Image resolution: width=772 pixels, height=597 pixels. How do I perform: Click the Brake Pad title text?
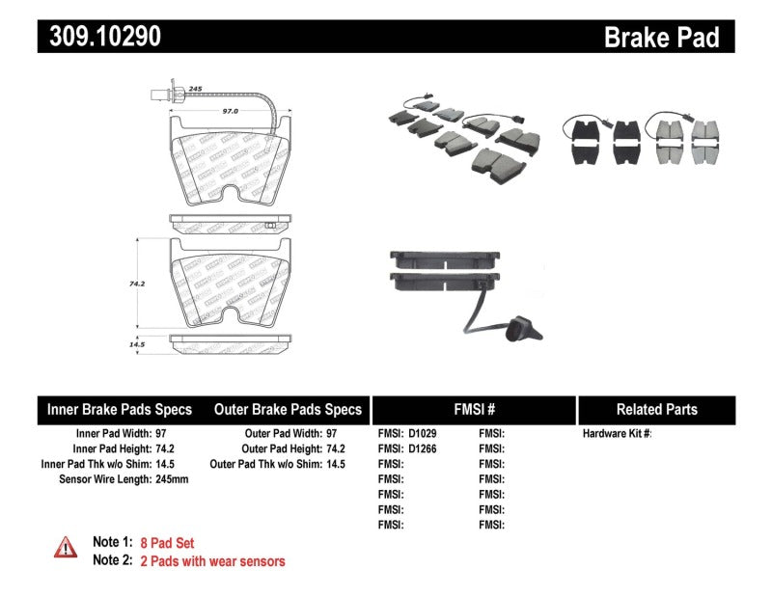pos(661,37)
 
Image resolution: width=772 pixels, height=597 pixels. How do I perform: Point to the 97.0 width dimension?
pos(230,111)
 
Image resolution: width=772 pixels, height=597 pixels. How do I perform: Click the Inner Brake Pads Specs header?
pos(120,409)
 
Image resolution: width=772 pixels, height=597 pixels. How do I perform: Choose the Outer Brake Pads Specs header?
pos(288,409)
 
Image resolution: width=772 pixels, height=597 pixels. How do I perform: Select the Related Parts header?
pos(656,409)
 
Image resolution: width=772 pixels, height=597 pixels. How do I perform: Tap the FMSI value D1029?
pos(422,434)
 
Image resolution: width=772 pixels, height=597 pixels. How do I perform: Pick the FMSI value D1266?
pos(422,448)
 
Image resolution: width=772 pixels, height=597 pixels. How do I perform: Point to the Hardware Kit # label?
pos(617,434)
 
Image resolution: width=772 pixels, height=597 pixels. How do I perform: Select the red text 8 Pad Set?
pos(167,543)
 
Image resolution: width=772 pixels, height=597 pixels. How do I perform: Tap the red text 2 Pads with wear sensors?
pos(212,560)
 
